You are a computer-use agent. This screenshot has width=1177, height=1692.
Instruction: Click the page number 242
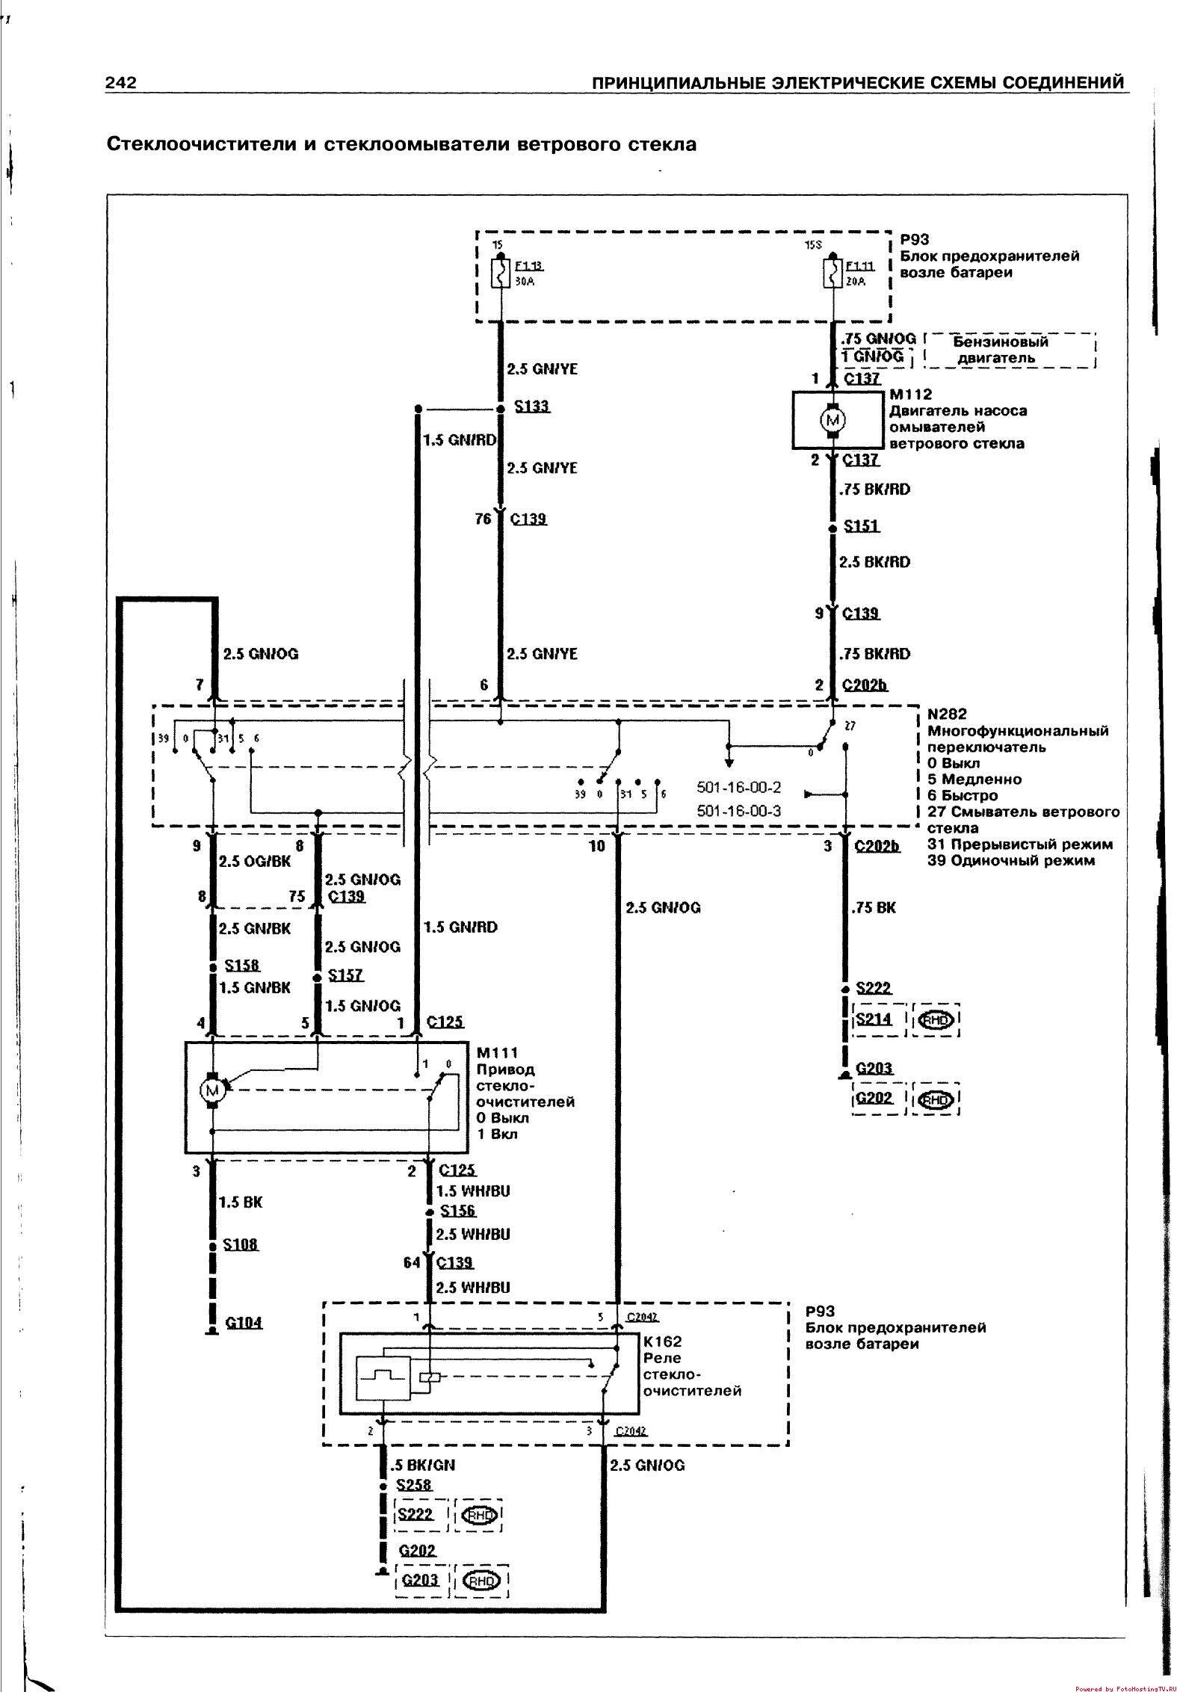click(120, 82)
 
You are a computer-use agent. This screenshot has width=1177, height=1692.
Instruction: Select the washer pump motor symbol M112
click(832, 420)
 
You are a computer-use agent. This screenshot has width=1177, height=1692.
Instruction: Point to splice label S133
click(532, 407)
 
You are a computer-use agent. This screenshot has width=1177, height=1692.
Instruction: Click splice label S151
click(862, 526)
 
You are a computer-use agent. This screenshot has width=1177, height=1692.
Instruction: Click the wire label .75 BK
click(873, 907)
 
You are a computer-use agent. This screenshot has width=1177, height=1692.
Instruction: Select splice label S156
click(457, 1211)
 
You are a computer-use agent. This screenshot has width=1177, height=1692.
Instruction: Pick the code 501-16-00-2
click(738, 787)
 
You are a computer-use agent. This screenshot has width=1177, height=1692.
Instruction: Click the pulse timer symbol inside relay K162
click(383, 1374)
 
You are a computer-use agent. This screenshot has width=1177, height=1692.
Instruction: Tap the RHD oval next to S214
click(935, 1019)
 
